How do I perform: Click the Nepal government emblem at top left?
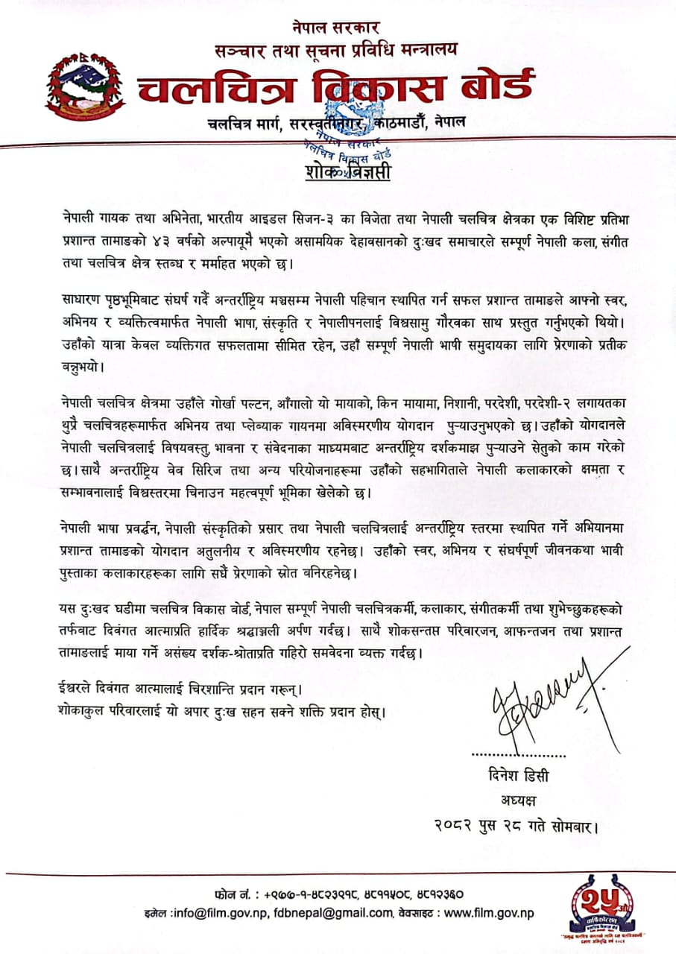(81, 89)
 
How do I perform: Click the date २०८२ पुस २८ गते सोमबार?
(515, 826)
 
